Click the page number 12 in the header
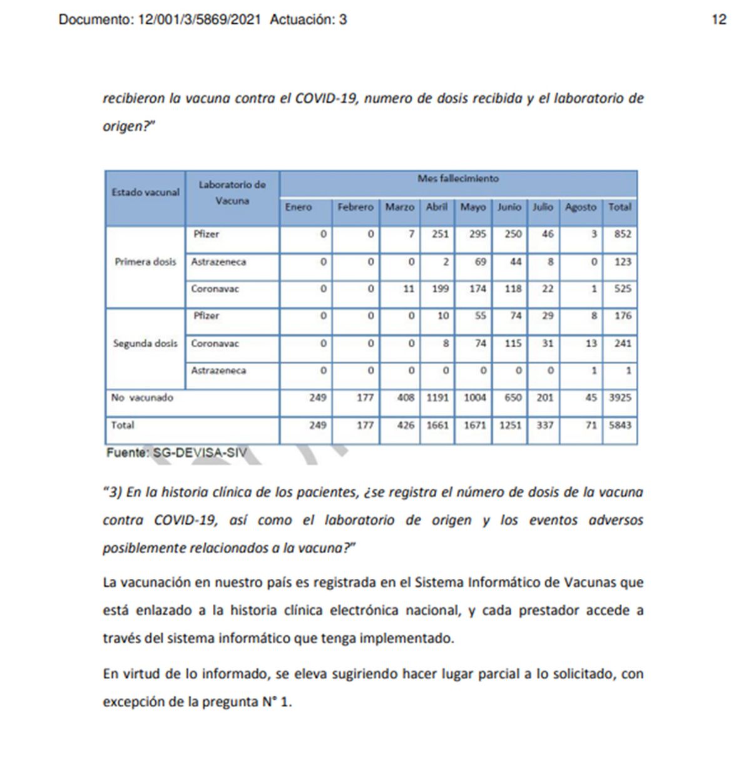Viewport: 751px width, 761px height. click(719, 19)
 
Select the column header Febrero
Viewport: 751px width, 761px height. click(355, 207)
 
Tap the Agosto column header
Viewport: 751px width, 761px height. click(580, 207)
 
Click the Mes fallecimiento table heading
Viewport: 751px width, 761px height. click(458, 179)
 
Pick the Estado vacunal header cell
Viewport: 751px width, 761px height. click(145, 193)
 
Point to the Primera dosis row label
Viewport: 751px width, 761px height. click(145, 262)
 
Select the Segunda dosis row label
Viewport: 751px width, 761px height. click(145, 343)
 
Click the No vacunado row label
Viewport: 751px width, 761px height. click(142, 397)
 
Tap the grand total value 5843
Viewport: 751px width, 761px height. click(620, 425)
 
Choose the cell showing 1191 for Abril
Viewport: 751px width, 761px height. click(437, 397)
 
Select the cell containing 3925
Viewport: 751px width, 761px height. click(620, 397)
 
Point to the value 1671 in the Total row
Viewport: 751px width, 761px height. click(474, 425)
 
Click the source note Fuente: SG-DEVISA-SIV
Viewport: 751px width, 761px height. click(176, 452)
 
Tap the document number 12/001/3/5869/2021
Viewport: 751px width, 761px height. click(199, 19)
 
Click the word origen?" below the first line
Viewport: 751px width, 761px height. click(129, 126)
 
